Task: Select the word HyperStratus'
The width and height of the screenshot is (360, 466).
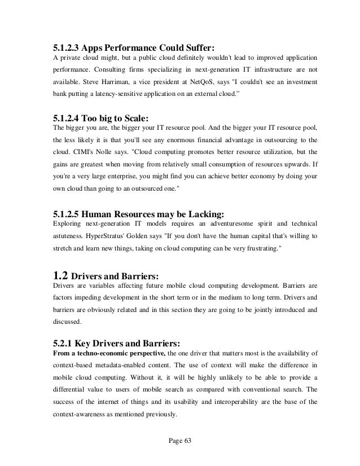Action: [x=112, y=236]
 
